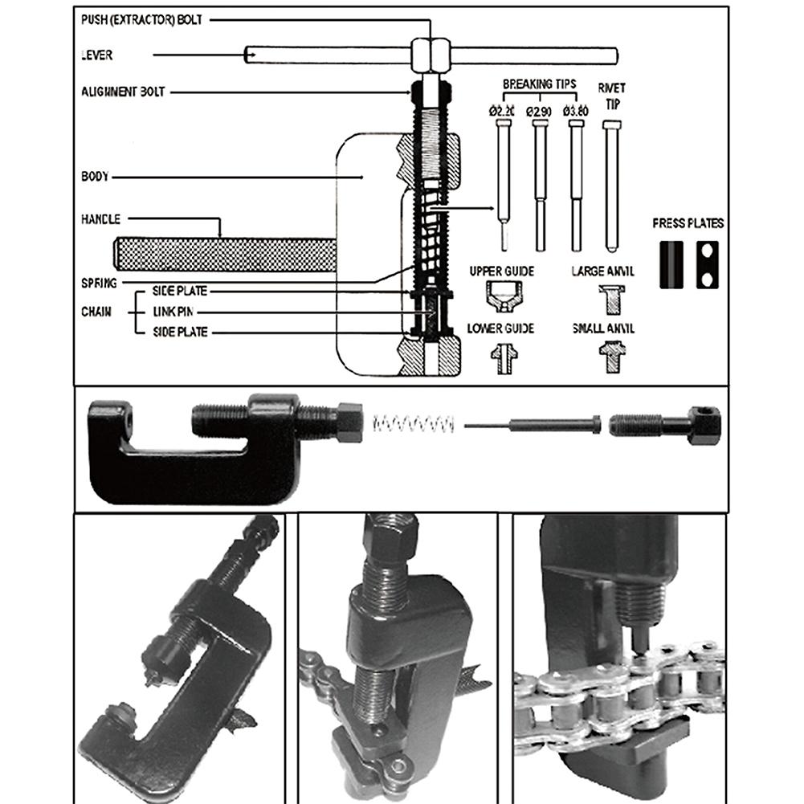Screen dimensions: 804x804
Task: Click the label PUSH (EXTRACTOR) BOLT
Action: (141, 19)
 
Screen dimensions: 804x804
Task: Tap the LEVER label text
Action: (97, 55)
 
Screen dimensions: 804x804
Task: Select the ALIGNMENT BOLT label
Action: (123, 92)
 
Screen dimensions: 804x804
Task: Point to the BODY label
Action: (95, 176)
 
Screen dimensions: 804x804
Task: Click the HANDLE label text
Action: (100, 219)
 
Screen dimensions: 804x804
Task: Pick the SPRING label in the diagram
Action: (99, 283)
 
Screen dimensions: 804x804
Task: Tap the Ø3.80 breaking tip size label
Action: (576, 111)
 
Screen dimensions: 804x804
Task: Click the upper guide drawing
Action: (503, 296)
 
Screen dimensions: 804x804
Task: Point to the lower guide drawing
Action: (503, 357)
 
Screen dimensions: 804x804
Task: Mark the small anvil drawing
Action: (611, 356)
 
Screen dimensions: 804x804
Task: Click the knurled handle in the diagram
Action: (225, 255)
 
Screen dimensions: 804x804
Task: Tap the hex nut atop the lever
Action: (431, 55)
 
